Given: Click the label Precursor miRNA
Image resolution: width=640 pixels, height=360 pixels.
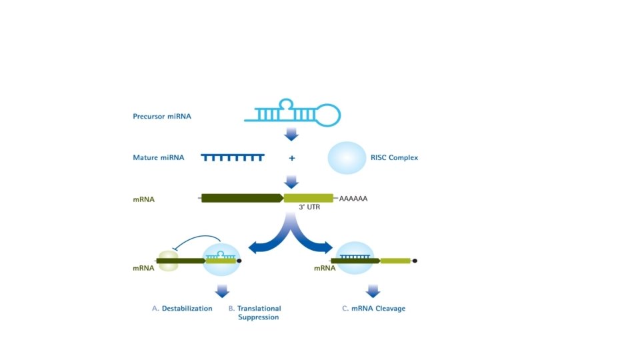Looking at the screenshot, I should coord(161,117).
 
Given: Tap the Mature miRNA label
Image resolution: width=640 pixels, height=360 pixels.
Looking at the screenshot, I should coord(158,158).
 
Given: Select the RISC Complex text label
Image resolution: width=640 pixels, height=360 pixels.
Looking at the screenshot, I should coord(394,158).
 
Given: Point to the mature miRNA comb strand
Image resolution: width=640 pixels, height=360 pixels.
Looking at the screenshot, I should coord(232,157).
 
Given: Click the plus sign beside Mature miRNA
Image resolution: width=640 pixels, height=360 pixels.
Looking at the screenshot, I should coord(291,159).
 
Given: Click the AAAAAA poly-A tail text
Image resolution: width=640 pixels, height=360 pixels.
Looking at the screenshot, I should coord(353,199).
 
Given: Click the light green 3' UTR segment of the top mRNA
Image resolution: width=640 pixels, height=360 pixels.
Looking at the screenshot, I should coord(308,198).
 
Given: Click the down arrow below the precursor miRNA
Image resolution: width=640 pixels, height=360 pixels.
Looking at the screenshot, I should coord(291,134).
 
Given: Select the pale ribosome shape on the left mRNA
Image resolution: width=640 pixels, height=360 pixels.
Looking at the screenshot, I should coord(167,261).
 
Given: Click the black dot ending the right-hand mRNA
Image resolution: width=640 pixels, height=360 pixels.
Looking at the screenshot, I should coord(415,261).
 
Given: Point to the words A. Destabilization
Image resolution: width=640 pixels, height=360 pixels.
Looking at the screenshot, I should coord(182,309).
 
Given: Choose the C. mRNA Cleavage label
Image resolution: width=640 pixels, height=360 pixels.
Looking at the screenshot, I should coord(373,309).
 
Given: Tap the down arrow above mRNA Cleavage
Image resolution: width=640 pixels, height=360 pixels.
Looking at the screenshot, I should coord(373,290).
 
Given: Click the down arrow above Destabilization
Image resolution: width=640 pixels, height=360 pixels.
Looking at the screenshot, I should coord(222,290).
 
